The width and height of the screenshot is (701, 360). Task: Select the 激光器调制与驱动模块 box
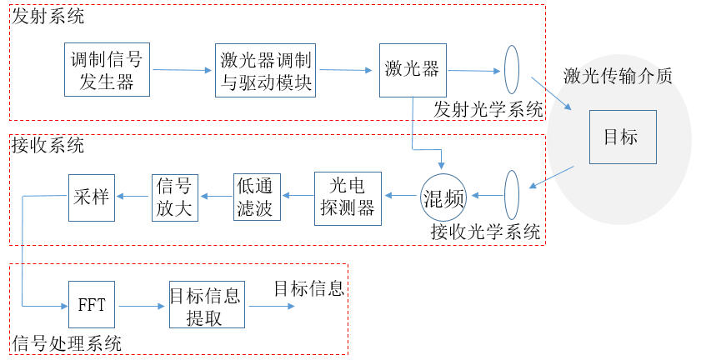tap(266, 69)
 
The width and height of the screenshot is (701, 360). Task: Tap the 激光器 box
tap(413, 69)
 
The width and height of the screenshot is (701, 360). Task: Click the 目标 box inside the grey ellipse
tap(619, 137)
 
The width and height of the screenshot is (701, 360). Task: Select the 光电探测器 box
tap(347, 197)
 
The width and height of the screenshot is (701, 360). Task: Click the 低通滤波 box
tap(257, 197)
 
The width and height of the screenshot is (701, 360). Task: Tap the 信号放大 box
tap(174, 197)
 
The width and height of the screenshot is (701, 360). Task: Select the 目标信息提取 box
tap(205, 306)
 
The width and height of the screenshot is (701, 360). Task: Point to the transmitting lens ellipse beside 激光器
tap(512, 69)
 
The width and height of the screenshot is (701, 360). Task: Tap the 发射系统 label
tap(48, 17)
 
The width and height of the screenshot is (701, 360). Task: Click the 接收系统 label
tap(48, 146)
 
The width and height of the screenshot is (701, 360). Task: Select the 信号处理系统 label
tap(68, 343)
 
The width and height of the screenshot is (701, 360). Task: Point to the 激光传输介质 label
tap(618, 76)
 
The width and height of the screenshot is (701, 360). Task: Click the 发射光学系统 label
tap(488, 109)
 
